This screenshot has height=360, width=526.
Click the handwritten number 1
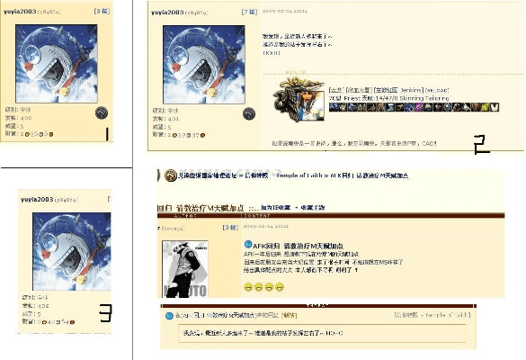pos(107,135)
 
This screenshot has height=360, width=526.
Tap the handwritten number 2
pos(480,145)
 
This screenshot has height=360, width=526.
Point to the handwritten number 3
pos(105,312)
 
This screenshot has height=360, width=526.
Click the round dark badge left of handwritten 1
pos(102,112)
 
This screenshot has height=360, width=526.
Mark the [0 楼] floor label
pos(229,228)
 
